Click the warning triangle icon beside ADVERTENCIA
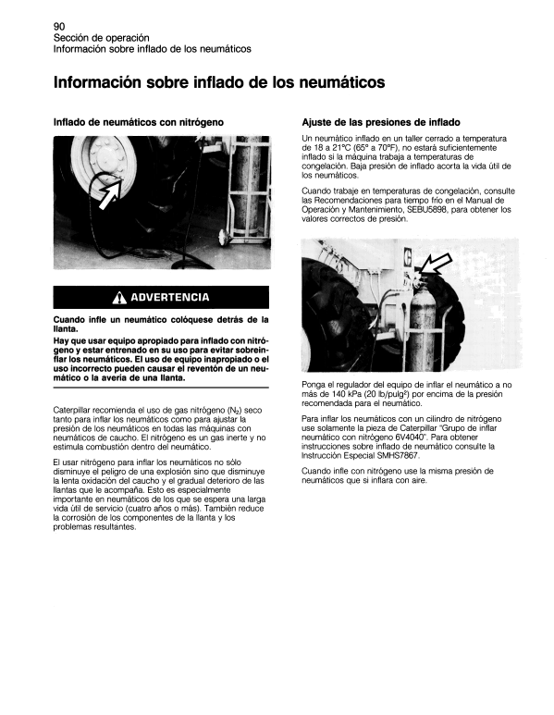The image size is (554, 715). pos(119,298)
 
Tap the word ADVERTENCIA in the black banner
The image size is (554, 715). pos(169,298)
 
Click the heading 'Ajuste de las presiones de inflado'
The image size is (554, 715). pos(381,122)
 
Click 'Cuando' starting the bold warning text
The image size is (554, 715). pos(74,320)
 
